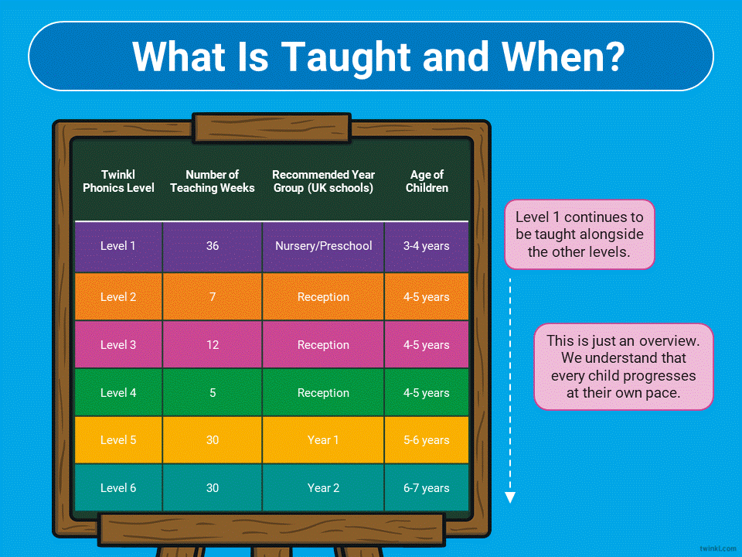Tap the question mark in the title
pyautogui.click(x=614, y=56)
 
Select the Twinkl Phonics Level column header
pyautogui.click(x=118, y=181)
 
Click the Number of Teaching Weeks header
pyautogui.click(x=213, y=181)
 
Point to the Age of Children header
pyautogui.click(x=427, y=181)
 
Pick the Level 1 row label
pyautogui.click(x=117, y=246)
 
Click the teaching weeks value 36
pyautogui.click(x=213, y=246)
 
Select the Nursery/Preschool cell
pyautogui.click(x=324, y=246)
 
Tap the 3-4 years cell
pyautogui.click(x=427, y=246)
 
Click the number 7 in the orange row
pyautogui.click(x=213, y=297)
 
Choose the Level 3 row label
pyautogui.click(x=117, y=345)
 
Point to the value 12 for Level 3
pyautogui.click(x=213, y=345)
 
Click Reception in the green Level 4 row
pyautogui.click(x=324, y=393)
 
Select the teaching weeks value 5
pyautogui.click(x=213, y=393)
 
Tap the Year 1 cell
pyautogui.click(x=323, y=440)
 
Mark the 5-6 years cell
pyautogui.click(x=427, y=440)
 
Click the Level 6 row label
pyautogui.click(x=117, y=488)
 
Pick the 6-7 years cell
pyautogui.click(x=427, y=488)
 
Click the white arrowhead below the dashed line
pyautogui.click(x=510, y=497)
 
